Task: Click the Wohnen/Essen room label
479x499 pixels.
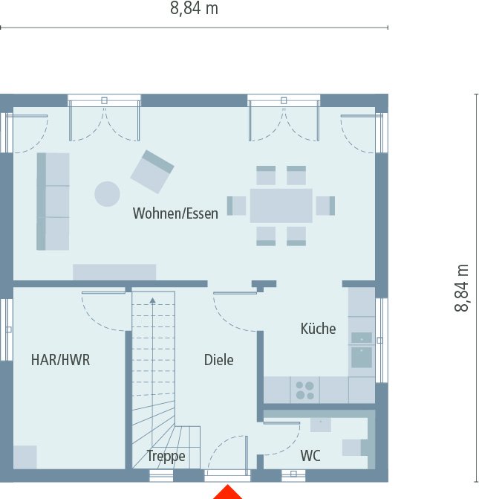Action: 175,214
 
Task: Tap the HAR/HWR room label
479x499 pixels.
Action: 60,360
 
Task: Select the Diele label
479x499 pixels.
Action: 219,360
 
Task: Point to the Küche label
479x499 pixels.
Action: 318,329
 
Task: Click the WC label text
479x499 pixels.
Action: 310,456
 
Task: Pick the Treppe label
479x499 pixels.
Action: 166,456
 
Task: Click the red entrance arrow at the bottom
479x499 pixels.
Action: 228,492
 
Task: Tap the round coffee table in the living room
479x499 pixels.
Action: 107,194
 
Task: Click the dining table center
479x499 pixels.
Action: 281,206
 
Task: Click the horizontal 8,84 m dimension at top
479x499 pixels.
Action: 194,9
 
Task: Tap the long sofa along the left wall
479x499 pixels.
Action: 53,202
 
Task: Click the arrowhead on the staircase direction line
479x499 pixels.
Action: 152,301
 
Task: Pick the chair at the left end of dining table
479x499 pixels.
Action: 237,206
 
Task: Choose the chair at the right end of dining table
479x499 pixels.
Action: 325,206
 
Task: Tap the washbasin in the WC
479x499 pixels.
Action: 321,425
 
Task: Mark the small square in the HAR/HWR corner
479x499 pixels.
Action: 25,457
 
